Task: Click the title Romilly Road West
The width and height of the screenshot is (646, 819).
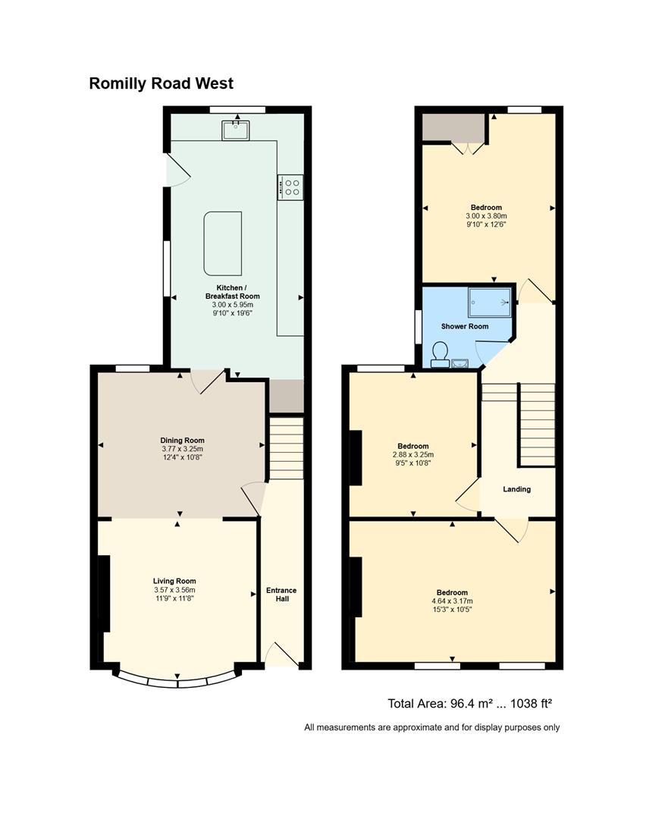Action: [161, 83]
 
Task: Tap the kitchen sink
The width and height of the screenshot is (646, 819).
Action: [236, 130]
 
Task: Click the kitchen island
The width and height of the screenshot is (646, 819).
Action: [222, 243]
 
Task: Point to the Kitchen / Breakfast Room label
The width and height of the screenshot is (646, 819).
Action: [232, 292]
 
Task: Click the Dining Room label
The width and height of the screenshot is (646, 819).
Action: [182, 441]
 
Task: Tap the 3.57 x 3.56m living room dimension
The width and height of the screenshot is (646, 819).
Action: [174, 590]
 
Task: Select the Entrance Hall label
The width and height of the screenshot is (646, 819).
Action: [281, 595]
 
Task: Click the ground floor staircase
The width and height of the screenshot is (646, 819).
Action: [286, 447]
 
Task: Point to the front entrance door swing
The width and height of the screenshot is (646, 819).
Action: [282, 654]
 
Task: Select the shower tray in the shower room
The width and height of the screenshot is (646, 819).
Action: [489, 303]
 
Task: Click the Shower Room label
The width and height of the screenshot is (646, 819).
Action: [465, 326]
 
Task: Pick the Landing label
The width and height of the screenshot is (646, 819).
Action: [516, 489]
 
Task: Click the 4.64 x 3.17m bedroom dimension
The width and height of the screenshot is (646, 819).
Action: [452, 601]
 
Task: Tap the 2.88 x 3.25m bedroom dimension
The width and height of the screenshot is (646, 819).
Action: [413, 455]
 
